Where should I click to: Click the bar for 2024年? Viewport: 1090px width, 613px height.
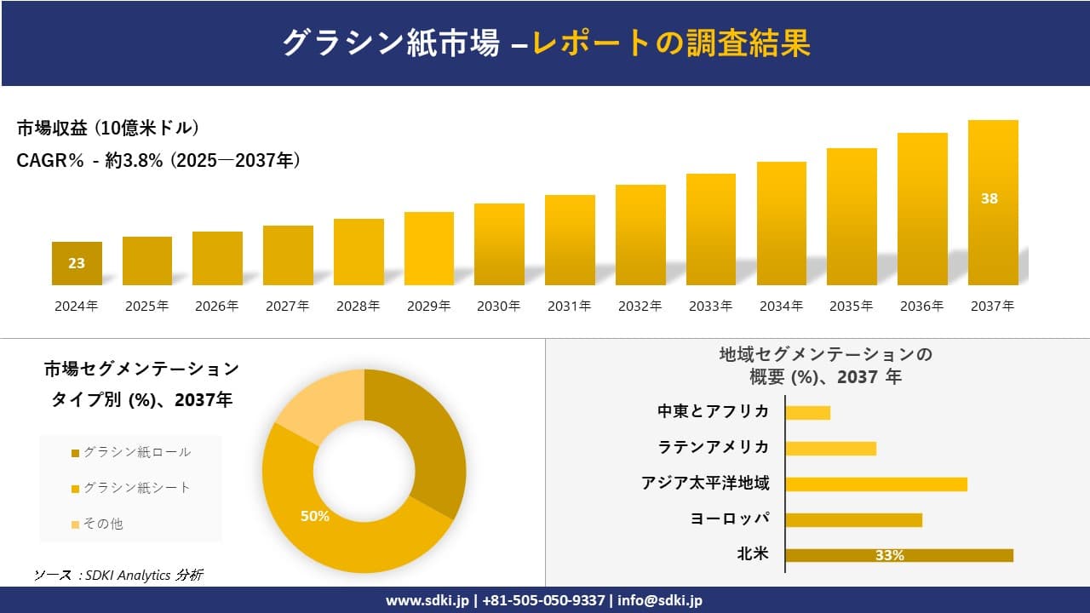(x=77, y=263)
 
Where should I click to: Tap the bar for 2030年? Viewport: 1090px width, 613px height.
(x=499, y=244)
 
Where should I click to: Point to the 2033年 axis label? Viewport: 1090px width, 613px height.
(x=710, y=306)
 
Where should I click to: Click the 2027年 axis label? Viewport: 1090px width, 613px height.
(x=287, y=306)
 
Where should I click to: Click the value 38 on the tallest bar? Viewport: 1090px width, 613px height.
(x=989, y=198)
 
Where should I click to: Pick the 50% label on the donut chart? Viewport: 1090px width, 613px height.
(x=314, y=516)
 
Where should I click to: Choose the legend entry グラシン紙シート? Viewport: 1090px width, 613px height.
(x=136, y=488)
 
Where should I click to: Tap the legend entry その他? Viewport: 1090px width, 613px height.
(x=102, y=524)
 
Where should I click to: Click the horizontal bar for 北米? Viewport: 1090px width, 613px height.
(x=898, y=555)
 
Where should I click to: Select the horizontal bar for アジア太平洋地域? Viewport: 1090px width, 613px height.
(x=875, y=484)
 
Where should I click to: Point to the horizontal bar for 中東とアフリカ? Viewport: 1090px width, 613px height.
(x=807, y=412)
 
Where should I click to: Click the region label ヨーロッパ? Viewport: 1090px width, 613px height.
(x=730, y=518)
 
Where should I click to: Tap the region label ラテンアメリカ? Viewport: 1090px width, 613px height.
(x=713, y=447)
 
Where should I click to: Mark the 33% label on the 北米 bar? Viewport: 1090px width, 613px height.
(x=889, y=555)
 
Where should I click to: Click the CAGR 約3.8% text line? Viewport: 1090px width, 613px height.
(x=158, y=161)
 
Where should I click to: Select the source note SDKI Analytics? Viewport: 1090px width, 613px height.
(x=118, y=576)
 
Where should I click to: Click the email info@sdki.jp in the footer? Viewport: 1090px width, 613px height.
(x=660, y=600)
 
